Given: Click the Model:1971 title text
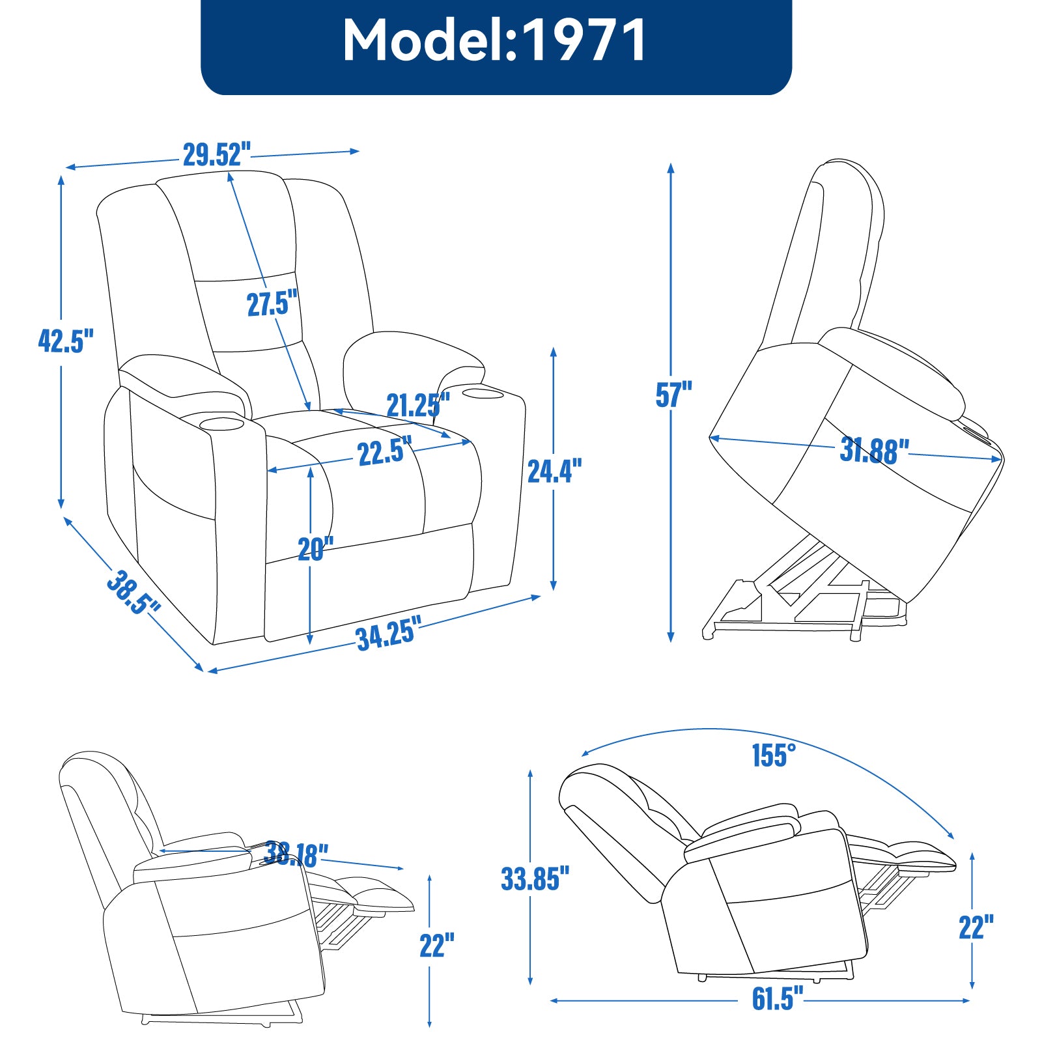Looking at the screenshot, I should (x=495, y=40).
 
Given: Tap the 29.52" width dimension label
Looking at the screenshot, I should (x=216, y=155).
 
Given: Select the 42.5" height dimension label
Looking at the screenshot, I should (x=66, y=341).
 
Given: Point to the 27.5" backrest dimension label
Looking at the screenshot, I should (x=272, y=304).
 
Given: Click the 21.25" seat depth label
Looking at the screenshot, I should (x=418, y=406).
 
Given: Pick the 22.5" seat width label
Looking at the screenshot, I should (x=385, y=451).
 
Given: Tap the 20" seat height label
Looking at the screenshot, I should (x=315, y=549).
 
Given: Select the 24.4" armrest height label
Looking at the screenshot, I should (x=554, y=471).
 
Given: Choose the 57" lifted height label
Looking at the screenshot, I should (x=673, y=395).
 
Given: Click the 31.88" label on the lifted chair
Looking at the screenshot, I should (x=874, y=450).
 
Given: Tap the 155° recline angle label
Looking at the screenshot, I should (x=774, y=755).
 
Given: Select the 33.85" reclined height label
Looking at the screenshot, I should (x=535, y=879).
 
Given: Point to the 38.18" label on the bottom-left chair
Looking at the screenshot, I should (x=296, y=854).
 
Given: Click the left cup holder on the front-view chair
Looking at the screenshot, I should (x=221, y=425).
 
